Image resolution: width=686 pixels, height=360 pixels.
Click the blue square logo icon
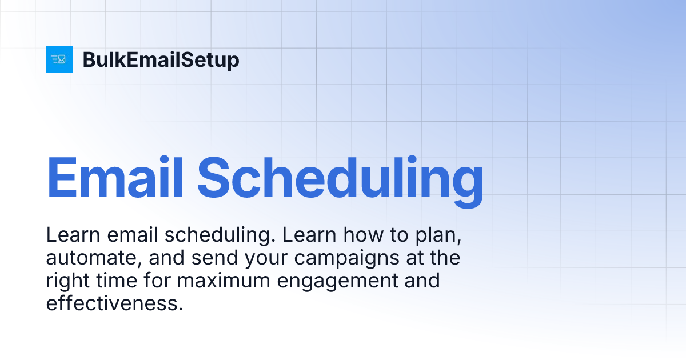(59, 59)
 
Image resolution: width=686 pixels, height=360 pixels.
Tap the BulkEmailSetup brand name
(161, 60)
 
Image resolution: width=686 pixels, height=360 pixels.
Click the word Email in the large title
(114, 177)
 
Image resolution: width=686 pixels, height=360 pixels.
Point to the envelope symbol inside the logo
(62, 59)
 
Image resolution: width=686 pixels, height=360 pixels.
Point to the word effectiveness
(114, 303)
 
